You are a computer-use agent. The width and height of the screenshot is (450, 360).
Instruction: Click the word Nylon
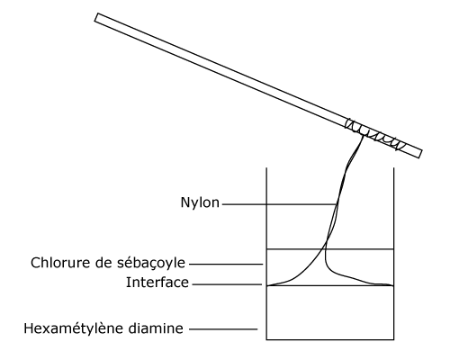200,203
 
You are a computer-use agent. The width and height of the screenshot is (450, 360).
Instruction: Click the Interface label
157,283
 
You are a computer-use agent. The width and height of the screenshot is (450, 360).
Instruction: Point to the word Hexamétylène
74,328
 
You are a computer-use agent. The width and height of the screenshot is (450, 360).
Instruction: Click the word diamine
156,328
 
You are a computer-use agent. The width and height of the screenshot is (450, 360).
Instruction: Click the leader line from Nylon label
280,204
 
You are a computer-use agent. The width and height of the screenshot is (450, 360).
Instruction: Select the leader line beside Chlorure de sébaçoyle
226,265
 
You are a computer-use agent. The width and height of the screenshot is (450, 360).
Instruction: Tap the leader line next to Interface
227,284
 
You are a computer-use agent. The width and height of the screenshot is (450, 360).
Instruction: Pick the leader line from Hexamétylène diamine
223,329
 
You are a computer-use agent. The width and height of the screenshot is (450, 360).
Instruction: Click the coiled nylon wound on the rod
375,134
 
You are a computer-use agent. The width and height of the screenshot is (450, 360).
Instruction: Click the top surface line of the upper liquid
330,249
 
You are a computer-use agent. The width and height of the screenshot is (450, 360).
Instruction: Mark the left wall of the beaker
266,254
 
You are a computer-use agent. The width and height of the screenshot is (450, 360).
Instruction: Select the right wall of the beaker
393,254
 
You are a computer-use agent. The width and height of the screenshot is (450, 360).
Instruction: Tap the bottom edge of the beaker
330,339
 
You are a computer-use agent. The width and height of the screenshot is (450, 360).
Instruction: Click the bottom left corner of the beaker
266,339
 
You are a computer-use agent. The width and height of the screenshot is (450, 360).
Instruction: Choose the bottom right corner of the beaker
393,339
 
